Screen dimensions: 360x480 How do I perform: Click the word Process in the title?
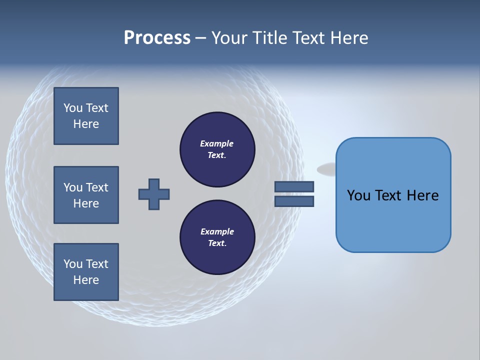[157, 38]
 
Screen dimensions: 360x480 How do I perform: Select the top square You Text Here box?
[86, 116]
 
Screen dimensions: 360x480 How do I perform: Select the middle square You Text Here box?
[86, 195]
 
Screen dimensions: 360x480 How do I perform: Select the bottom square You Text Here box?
[86, 272]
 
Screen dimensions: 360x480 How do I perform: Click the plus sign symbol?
[154, 194]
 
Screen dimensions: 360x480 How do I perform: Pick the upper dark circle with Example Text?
[217, 149]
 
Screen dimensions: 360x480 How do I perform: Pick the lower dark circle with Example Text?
[217, 237]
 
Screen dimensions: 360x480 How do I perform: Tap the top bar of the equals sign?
[294, 186]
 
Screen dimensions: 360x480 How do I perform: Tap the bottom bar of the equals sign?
[294, 201]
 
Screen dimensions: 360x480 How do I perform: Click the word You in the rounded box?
[358, 195]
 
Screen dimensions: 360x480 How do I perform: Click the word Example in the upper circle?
[217, 143]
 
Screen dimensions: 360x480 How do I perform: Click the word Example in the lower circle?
[217, 231]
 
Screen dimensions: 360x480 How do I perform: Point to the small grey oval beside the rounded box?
[326, 169]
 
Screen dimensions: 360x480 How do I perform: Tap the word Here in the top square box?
[86, 124]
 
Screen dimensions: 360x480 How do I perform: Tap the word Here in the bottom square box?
[86, 280]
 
